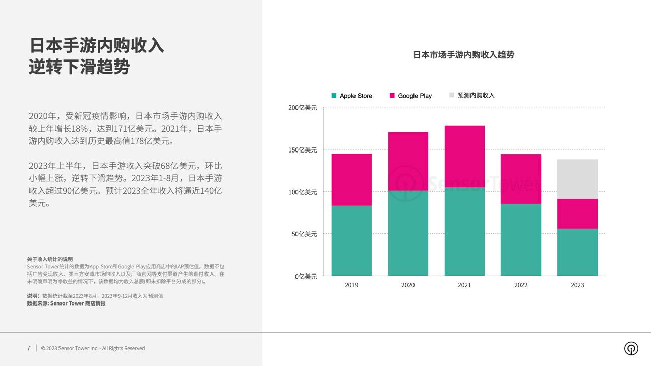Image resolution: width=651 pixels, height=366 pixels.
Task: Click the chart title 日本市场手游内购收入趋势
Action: (x=463, y=55)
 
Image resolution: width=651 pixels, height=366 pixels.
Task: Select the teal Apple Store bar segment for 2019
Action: (x=351, y=240)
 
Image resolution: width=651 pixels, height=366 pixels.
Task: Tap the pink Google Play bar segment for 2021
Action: (x=464, y=156)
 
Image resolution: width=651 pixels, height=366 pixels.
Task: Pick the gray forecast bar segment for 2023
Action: (x=577, y=179)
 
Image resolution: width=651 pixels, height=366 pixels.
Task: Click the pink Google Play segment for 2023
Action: (x=577, y=213)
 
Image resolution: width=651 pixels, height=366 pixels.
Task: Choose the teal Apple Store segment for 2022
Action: (x=521, y=239)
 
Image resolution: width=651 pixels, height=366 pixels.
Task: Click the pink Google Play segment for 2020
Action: (x=408, y=161)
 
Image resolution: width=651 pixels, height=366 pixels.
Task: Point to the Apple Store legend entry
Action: (x=352, y=96)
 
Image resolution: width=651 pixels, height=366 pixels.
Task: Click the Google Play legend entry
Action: (x=410, y=96)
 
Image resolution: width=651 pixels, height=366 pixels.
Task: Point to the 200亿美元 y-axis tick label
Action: (x=303, y=108)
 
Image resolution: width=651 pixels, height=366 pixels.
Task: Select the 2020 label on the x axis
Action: (x=408, y=285)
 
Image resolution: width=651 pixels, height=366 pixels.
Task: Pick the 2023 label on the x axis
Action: (x=577, y=285)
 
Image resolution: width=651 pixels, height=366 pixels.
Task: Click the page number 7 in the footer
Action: (x=29, y=348)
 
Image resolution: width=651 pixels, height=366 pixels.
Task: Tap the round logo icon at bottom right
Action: (x=631, y=348)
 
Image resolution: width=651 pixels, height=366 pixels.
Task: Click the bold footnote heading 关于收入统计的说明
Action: (x=50, y=259)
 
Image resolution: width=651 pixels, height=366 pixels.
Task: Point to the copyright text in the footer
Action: (x=93, y=348)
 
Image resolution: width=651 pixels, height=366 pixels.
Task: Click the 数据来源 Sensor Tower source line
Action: (x=66, y=303)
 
